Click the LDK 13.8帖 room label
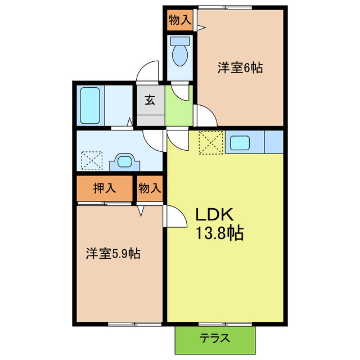coord(219,224)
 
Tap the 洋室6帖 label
coord(240,68)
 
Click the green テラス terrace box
coord(214,338)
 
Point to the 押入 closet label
coord(105,188)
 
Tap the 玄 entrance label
coord(150,101)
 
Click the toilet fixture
coord(180,53)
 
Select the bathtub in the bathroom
coord(91,105)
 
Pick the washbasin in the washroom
coord(125,163)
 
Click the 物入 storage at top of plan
coord(179,20)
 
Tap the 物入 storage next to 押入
coord(150,188)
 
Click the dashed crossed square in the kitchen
coord(211,142)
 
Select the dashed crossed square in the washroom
coord(91,160)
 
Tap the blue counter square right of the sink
coord(273,142)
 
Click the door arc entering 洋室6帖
coord(206,116)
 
